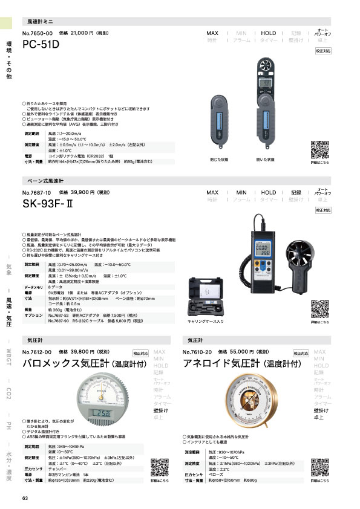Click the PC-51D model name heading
[42, 45]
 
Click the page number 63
[25, 498]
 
